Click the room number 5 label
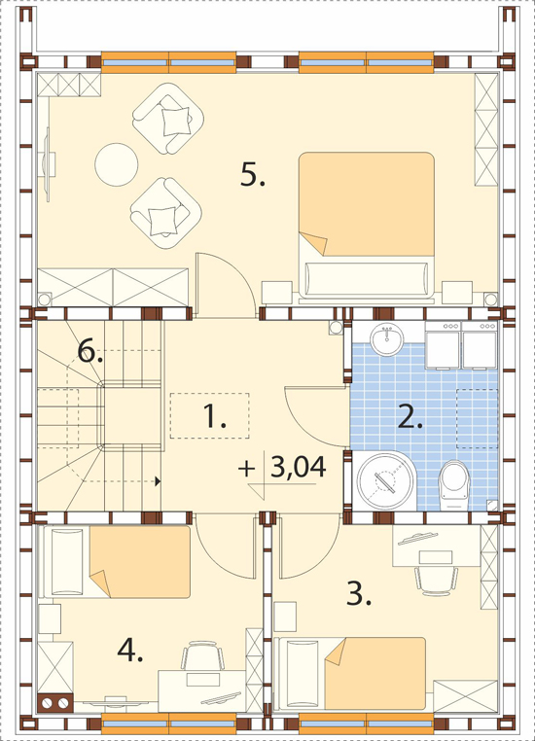(x=253, y=174)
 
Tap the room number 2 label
(x=410, y=417)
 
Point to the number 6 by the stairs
(x=90, y=352)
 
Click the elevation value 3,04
(x=299, y=467)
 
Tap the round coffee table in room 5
(x=117, y=164)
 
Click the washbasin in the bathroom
(x=386, y=339)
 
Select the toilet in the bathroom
(x=454, y=485)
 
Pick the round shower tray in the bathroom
(x=385, y=480)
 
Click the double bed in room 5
(x=367, y=226)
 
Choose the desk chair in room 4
(x=202, y=654)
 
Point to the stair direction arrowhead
(x=158, y=481)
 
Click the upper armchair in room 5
(x=168, y=118)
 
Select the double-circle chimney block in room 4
(x=55, y=703)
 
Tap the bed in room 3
(x=350, y=674)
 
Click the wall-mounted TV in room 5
(x=48, y=164)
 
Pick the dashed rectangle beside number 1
(x=209, y=415)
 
